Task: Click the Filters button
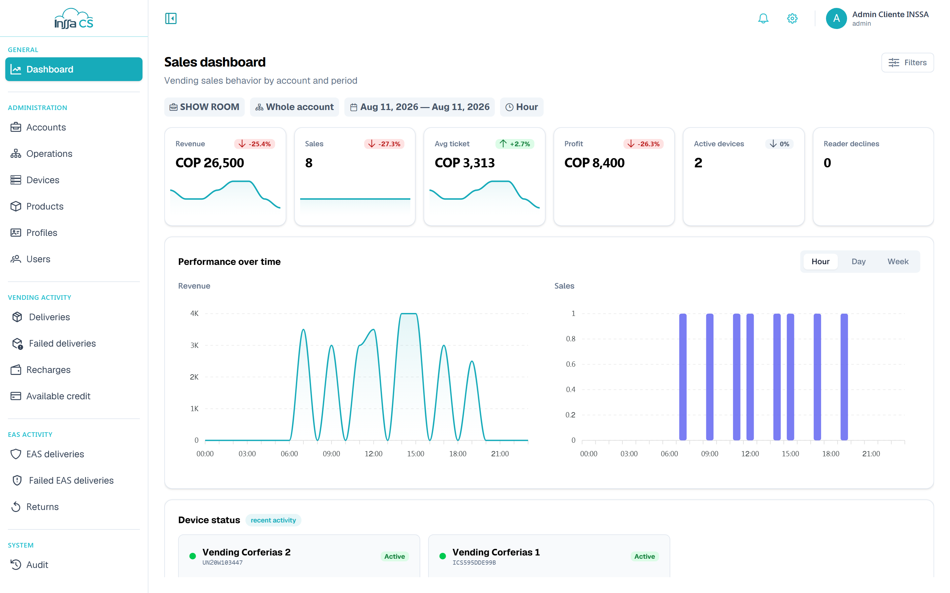tap(907, 63)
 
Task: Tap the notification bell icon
tap(763, 18)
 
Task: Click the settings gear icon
tap(792, 18)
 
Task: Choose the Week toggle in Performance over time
tap(898, 262)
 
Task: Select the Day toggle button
tap(859, 262)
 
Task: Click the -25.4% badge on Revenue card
tap(255, 144)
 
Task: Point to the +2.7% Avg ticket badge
tap(515, 144)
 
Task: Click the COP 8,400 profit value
tap(594, 163)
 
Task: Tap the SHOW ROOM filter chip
tap(204, 107)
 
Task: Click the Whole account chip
tap(295, 107)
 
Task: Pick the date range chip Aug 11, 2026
tap(419, 107)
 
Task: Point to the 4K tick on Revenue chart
tap(194, 313)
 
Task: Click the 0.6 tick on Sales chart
tap(570, 364)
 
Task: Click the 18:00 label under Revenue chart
tap(458, 454)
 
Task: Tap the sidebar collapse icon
tap(171, 18)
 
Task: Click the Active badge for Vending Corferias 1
tap(645, 556)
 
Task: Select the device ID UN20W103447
tap(223, 562)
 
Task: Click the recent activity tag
tap(273, 520)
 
